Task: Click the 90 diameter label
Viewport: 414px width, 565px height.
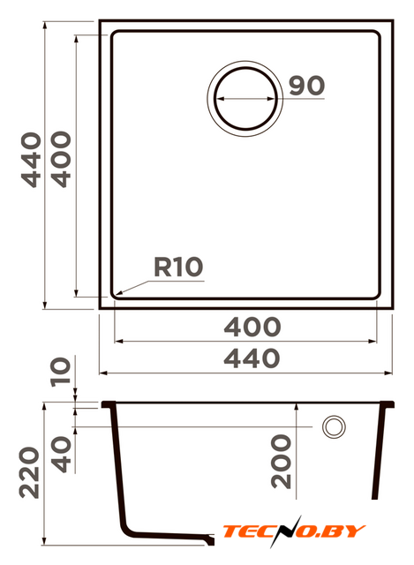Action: click(x=306, y=86)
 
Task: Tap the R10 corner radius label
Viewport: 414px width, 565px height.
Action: click(x=178, y=267)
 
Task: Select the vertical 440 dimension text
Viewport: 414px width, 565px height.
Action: click(x=31, y=160)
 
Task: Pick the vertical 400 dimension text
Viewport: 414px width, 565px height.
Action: click(x=61, y=159)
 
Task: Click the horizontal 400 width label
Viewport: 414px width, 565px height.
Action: click(x=252, y=327)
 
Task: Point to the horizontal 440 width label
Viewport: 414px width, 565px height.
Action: click(x=252, y=358)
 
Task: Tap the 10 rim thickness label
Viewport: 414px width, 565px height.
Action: click(x=60, y=372)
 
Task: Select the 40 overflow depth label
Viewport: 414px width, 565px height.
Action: click(x=61, y=454)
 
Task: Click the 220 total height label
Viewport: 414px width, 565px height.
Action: click(x=29, y=473)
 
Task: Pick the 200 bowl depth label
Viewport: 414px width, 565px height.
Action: click(x=281, y=462)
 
